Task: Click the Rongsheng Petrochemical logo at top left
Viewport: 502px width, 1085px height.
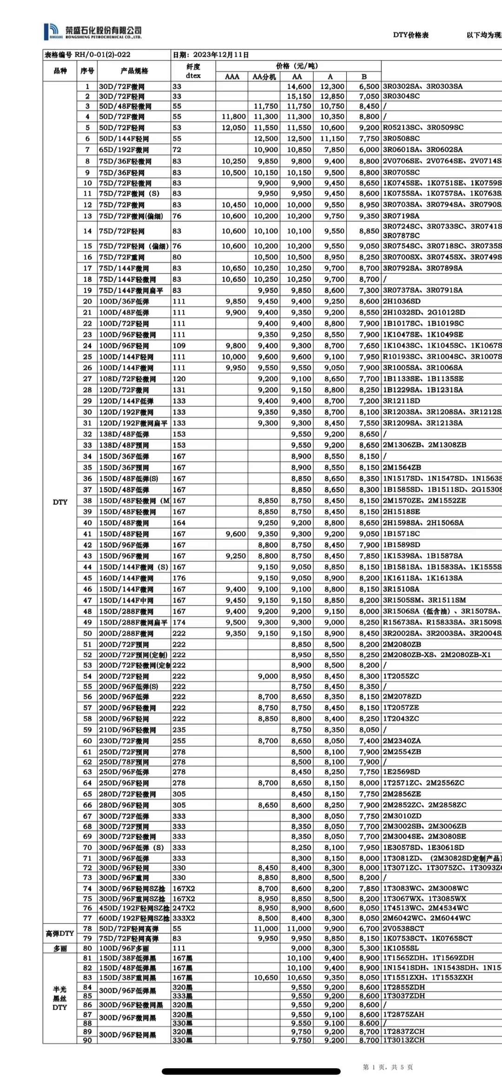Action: [92, 32]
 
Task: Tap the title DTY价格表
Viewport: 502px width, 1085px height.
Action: [410, 35]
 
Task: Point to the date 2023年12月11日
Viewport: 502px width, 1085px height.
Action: [220, 55]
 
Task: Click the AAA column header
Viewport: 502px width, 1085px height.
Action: [232, 77]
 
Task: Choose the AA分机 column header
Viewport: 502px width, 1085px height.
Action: [264, 77]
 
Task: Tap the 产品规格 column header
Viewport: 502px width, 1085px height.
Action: [134, 71]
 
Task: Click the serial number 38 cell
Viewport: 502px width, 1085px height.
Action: [87, 500]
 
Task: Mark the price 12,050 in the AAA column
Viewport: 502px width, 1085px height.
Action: [234, 127]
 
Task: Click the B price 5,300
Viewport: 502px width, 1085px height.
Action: [369, 948]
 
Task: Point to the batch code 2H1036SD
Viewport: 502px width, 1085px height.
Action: [402, 301]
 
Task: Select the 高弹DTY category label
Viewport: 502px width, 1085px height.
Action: [60, 933]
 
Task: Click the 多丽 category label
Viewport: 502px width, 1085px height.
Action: [60, 948]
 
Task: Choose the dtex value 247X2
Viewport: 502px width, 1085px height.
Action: [184, 908]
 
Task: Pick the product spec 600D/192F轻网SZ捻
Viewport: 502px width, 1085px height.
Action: [132, 918]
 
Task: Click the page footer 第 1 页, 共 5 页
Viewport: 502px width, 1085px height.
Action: [388, 1067]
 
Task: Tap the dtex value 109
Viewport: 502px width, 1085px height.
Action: [179, 345]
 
